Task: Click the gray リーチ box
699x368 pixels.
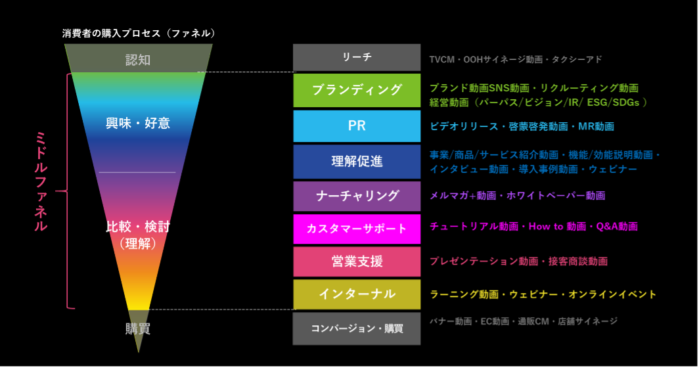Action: (357, 58)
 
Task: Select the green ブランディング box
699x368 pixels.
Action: (357, 90)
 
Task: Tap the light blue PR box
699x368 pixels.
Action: (357, 126)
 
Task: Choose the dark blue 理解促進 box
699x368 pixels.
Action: (357, 162)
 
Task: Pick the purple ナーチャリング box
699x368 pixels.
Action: (357, 196)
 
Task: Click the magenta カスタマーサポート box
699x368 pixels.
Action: (357, 229)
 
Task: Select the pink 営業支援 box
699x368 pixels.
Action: (357, 262)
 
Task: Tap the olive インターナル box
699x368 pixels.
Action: (357, 294)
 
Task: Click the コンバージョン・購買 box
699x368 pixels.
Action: (357, 328)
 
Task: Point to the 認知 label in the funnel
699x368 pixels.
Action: (138, 60)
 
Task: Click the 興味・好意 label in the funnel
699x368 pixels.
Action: (138, 123)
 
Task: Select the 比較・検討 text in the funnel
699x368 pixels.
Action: (138, 227)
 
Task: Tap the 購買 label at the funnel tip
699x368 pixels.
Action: (138, 329)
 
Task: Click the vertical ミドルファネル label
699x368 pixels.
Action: (41, 181)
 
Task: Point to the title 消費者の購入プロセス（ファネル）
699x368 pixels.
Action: (139, 33)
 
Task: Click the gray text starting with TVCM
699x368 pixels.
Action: (515, 60)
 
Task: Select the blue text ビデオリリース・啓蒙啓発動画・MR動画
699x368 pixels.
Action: (522, 126)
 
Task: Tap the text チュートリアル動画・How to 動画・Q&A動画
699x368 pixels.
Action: (533, 227)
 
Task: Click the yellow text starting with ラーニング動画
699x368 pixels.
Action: (543, 294)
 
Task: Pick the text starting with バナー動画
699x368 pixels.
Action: (523, 321)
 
